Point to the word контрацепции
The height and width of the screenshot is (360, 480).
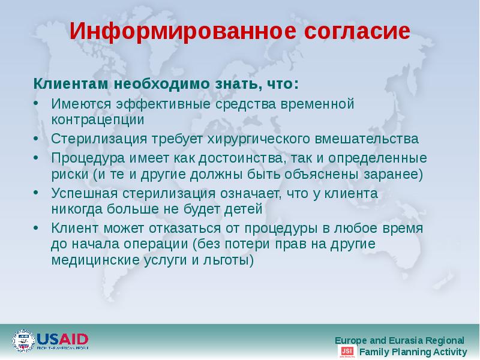[x=98, y=119]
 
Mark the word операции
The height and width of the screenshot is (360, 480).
[x=150, y=245]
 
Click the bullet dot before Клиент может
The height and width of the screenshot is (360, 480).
[x=37, y=228]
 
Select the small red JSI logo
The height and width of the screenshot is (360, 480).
[x=347, y=352]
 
